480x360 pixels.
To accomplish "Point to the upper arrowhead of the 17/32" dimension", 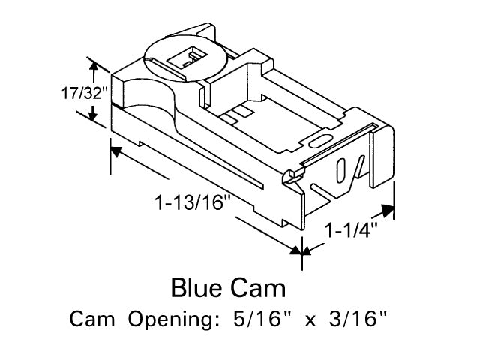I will tap(93, 67).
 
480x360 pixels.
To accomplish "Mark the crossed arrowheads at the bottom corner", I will tap(301, 252).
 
